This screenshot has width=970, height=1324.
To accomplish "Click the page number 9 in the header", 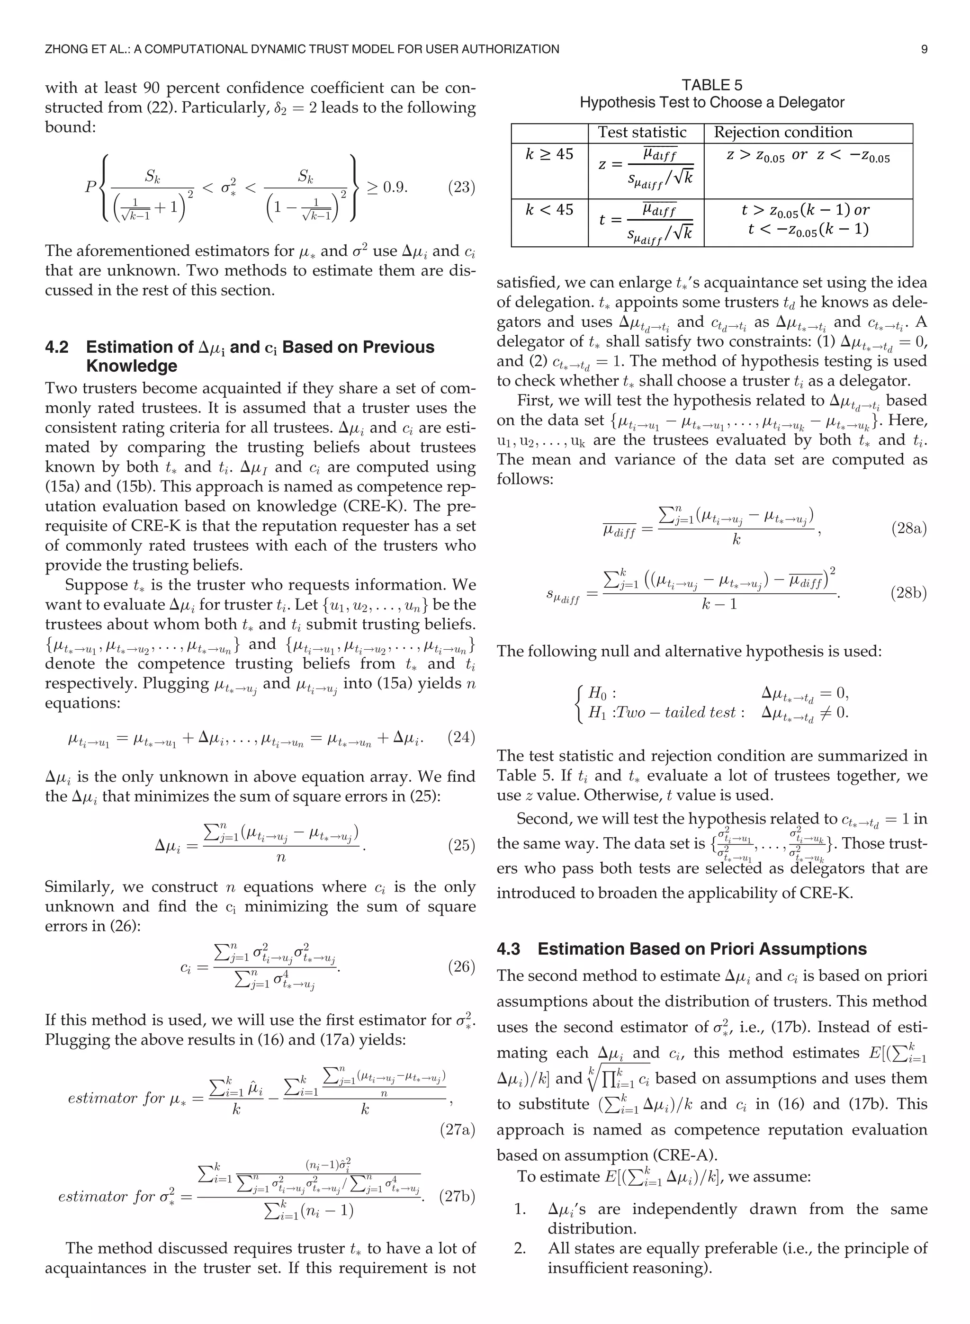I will point(924,49).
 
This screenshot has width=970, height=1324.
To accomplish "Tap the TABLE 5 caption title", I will point(712,85).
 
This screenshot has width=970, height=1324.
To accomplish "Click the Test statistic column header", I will point(642,133).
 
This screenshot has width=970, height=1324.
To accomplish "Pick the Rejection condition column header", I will point(783,133).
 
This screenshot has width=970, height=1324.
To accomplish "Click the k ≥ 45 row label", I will point(548,154).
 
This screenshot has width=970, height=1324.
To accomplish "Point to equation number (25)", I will point(461,845).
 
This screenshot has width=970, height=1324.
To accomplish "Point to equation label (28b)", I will point(908,593).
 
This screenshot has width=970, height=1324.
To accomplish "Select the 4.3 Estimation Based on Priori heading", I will point(681,949).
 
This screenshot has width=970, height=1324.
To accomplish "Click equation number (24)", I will point(461,737).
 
